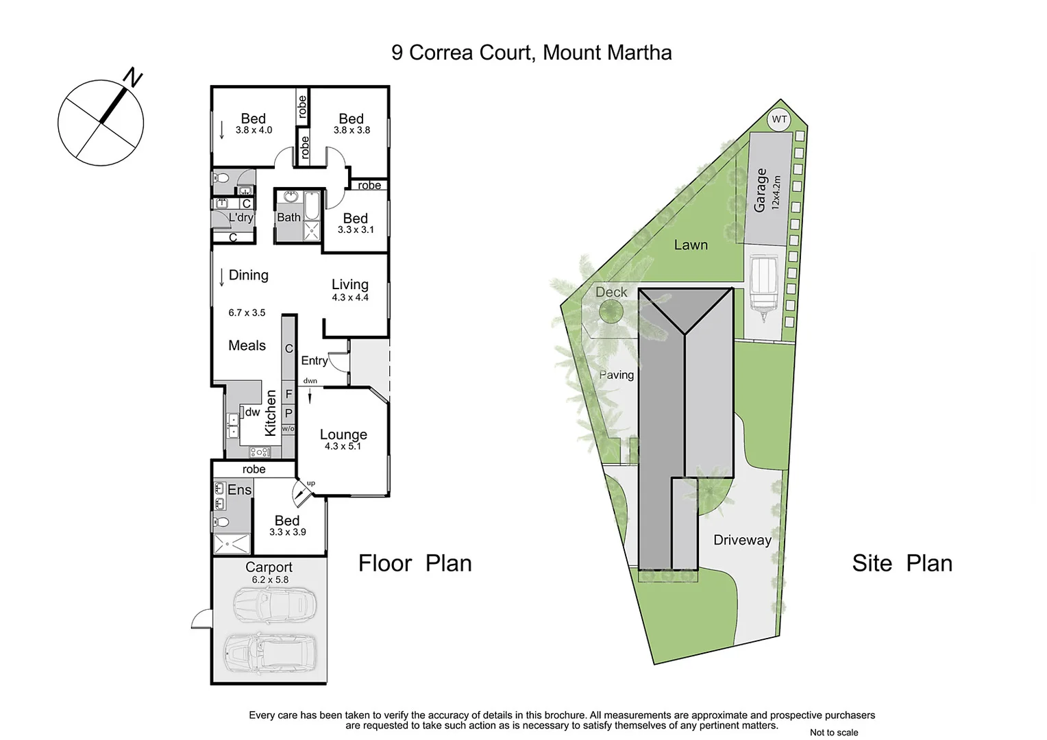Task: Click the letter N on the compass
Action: (x=132, y=77)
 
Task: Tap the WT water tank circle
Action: (x=779, y=119)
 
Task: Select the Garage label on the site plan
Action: (x=760, y=190)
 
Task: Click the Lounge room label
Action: (x=343, y=434)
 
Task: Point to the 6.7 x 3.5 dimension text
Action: (x=247, y=312)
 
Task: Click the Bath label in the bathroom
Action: (x=288, y=217)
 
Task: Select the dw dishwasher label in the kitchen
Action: (x=252, y=412)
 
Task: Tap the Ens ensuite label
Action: (x=240, y=489)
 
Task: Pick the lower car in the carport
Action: (x=270, y=651)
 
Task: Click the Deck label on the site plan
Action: (x=611, y=292)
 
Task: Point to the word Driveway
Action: (x=742, y=540)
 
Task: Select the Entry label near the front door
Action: (x=315, y=360)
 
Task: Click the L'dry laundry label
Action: (x=241, y=217)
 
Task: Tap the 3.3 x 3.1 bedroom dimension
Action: (x=356, y=230)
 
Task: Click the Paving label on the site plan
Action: (x=616, y=375)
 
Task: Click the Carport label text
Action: (x=269, y=567)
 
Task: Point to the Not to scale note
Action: (x=833, y=732)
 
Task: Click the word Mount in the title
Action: (x=571, y=53)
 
